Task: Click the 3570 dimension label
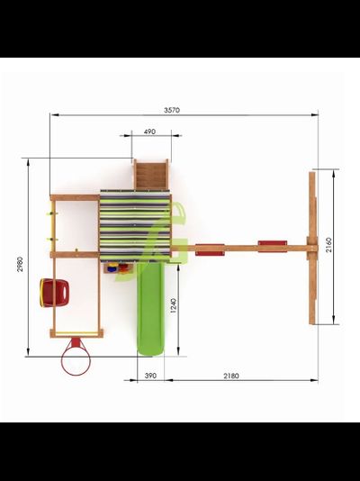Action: [x=172, y=110]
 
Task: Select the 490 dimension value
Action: [x=149, y=132]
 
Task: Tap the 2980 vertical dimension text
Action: [x=19, y=264]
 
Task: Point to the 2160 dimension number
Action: [x=328, y=245]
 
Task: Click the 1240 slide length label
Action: [x=173, y=305]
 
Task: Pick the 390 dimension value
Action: [x=150, y=376]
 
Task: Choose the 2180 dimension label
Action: [x=231, y=376]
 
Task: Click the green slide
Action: [x=150, y=308]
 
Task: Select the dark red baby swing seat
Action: [x=55, y=293]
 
